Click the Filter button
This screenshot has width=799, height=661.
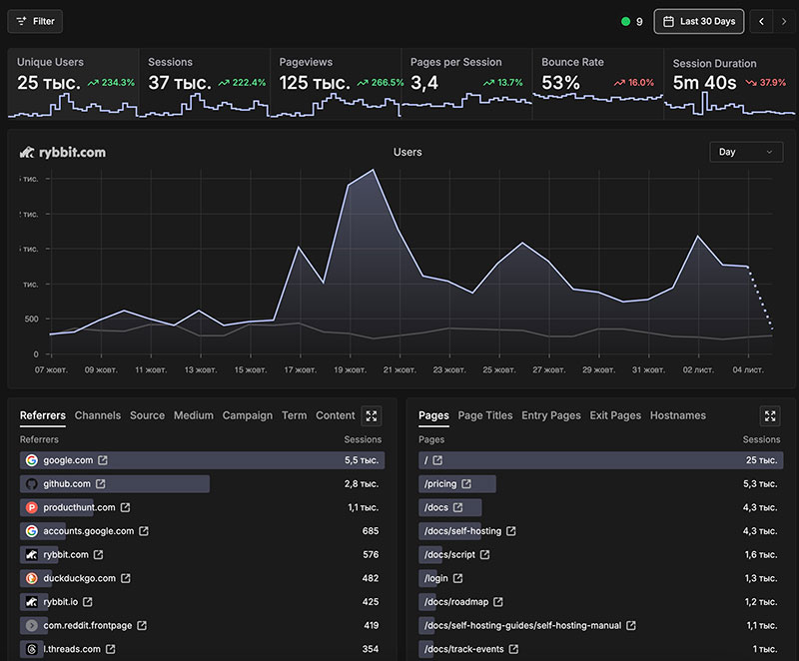(35, 21)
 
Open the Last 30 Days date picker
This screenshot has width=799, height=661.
(698, 21)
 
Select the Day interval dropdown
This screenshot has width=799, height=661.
(745, 152)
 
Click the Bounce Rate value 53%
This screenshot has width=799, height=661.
(560, 83)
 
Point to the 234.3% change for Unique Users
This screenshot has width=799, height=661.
(111, 83)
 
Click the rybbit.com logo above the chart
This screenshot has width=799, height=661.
(63, 152)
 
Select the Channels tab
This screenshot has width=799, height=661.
(98, 415)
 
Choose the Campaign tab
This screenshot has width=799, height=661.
(248, 415)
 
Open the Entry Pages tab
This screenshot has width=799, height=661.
(550, 415)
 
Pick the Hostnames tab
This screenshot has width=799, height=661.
(677, 415)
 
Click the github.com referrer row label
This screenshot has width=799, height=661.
(67, 484)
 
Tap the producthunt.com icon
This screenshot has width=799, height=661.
(32, 507)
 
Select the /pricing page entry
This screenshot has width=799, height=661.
(440, 484)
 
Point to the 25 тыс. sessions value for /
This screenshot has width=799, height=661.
(761, 460)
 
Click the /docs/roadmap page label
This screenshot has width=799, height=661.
(455, 602)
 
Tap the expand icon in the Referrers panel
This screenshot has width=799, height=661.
(372, 415)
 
